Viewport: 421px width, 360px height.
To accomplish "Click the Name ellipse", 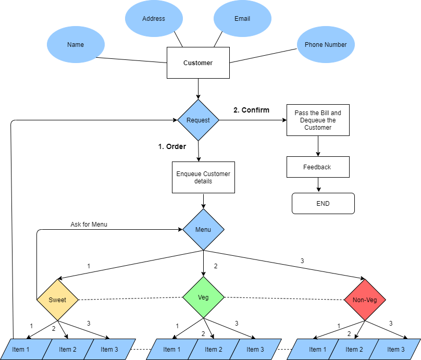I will pos(76,45).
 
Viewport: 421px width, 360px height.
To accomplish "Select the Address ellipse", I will pos(154,19).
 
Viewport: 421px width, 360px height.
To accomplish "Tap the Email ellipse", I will pos(242,19).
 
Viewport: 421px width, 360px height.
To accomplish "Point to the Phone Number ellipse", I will pos(326,45).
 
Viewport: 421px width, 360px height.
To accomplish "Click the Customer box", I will pos(198,63).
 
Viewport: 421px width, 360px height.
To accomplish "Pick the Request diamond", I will pos(198,120).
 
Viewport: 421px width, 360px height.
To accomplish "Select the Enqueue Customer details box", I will pos(203,178).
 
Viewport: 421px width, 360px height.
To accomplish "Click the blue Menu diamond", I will pos(203,230).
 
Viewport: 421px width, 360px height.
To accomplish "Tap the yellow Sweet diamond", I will pos(57,300).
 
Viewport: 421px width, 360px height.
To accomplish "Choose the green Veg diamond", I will pos(203,297).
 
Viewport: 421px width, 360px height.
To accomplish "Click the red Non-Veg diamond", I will pos(365,300).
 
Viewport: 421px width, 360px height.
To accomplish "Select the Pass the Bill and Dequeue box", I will pos(318,120).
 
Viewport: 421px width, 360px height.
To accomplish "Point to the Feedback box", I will pos(318,167).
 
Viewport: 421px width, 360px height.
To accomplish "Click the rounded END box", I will pos(323,204).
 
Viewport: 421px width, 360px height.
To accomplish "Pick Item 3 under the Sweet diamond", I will pos(109,350).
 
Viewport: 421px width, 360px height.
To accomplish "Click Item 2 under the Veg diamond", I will pos(214,350).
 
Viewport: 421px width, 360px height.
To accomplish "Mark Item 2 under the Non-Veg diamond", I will pos(354,350).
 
